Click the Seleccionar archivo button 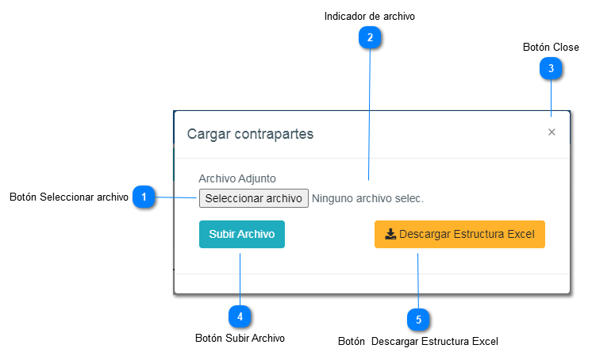253,197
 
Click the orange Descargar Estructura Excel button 459,235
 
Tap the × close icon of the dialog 552,132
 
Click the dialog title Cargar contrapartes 250,133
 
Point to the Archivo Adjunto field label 237,179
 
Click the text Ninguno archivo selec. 367,198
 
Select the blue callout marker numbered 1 144,196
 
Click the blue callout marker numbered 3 551,69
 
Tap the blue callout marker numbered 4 240,316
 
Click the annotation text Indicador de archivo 369,15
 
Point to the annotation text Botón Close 551,48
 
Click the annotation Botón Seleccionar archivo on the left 69,197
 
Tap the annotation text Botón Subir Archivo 240,338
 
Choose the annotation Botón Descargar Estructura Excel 418,342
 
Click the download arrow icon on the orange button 390,235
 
